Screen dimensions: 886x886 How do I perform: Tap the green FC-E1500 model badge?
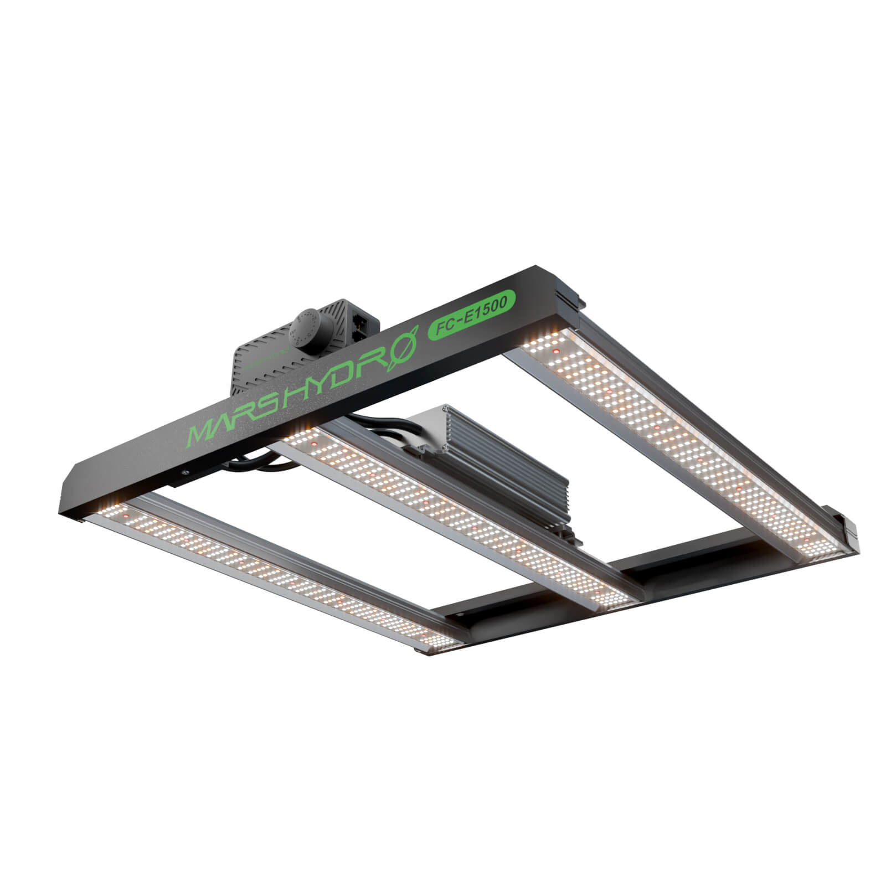click(472, 315)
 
